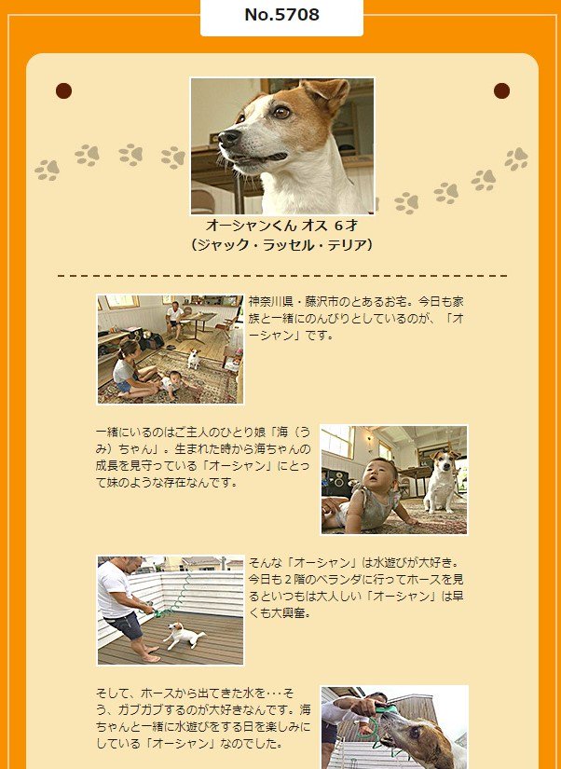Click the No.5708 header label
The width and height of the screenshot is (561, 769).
click(x=281, y=15)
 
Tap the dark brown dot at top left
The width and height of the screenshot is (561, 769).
click(x=63, y=90)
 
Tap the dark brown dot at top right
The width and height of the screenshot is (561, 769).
click(x=501, y=90)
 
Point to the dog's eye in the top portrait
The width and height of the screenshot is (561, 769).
click(x=281, y=112)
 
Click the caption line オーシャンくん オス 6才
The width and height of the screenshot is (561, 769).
click(x=282, y=226)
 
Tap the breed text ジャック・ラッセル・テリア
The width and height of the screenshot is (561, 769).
click(x=282, y=244)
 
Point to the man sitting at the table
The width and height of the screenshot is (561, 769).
click(x=174, y=320)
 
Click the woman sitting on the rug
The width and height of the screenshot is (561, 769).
click(x=129, y=369)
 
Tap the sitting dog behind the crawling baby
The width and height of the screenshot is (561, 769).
click(x=441, y=481)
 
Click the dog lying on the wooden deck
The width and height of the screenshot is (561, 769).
click(x=184, y=636)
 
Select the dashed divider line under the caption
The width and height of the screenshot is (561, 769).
click(x=282, y=276)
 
